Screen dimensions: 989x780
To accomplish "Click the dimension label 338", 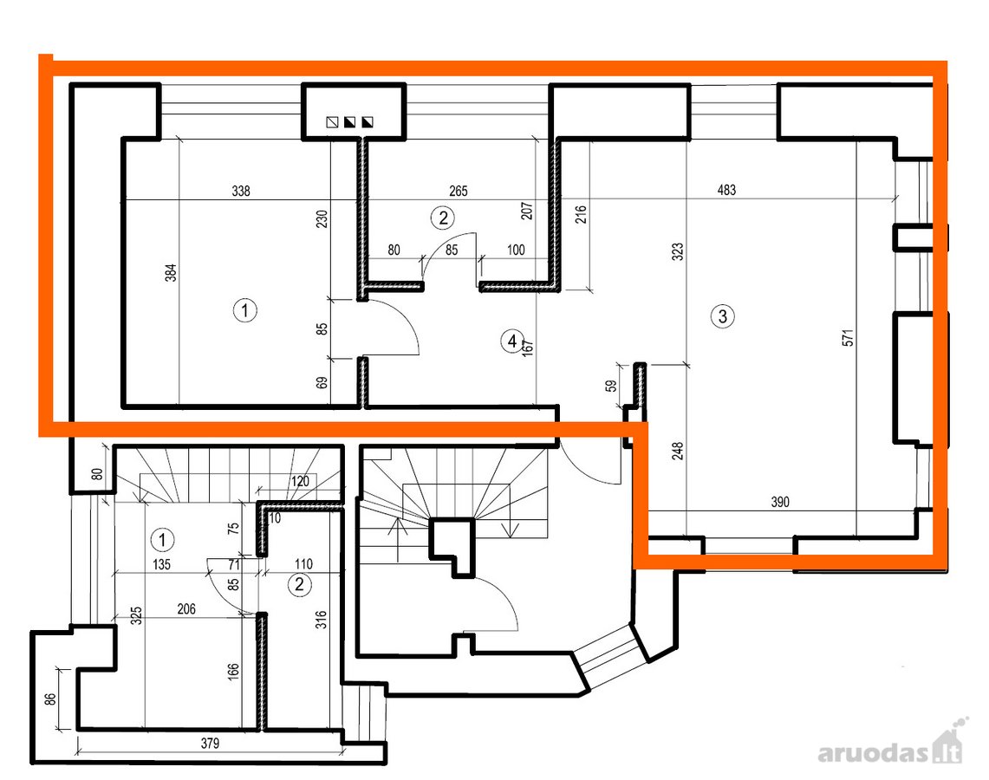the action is click(x=241, y=191).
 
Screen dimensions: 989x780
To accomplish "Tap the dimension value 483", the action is click(x=726, y=190).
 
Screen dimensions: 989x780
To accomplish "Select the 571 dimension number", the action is click(x=848, y=338).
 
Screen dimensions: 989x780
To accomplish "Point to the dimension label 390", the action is click(x=780, y=502).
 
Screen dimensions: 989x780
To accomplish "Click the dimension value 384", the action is click(x=170, y=272).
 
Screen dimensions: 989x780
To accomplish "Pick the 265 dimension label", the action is click(x=459, y=191).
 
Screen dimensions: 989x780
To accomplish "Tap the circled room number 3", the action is click(x=723, y=316).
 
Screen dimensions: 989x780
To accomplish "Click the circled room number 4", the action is click(x=511, y=341).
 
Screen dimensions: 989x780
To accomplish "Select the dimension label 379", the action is click(x=210, y=744).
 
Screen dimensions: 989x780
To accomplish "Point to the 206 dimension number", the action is click(x=186, y=609).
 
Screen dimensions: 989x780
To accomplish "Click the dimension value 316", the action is click(x=321, y=619).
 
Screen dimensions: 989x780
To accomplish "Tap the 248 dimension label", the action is click(x=678, y=451).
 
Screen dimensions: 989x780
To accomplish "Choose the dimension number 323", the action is click(x=678, y=251).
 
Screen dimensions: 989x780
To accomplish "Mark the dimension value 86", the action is click(x=50, y=699).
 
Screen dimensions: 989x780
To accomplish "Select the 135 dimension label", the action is click(x=161, y=564).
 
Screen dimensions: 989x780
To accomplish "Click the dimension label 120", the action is click(x=300, y=481).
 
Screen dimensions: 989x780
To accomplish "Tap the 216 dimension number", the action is click(x=581, y=214).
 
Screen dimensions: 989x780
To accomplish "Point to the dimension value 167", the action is click(x=529, y=348).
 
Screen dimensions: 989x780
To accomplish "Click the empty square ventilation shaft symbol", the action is click(x=332, y=121).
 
